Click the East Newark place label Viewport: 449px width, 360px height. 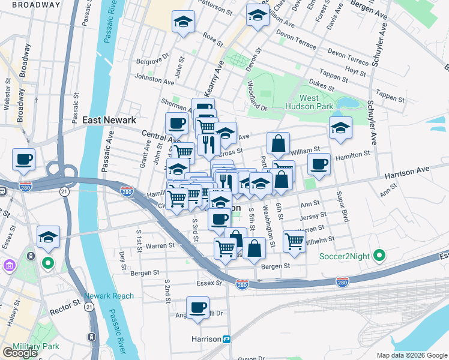pyautogui.click(x=109, y=120)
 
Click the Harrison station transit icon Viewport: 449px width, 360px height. pyautogui.click(x=228, y=339)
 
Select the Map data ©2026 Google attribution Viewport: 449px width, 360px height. pyautogui.click(x=411, y=355)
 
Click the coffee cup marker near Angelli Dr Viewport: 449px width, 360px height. pyautogui.click(x=197, y=308)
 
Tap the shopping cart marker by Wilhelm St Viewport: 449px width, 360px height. pyautogui.click(x=294, y=241)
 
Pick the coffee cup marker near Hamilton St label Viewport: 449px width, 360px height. pyautogui.click(x=319, y=163)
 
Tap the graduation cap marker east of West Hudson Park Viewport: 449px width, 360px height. pyautogui.click(x=340, y=128)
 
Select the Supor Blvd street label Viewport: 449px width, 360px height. pyautogui.click(x=342, y=207)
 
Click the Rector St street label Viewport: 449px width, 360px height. pyautogui.click(x=69, y=303)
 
